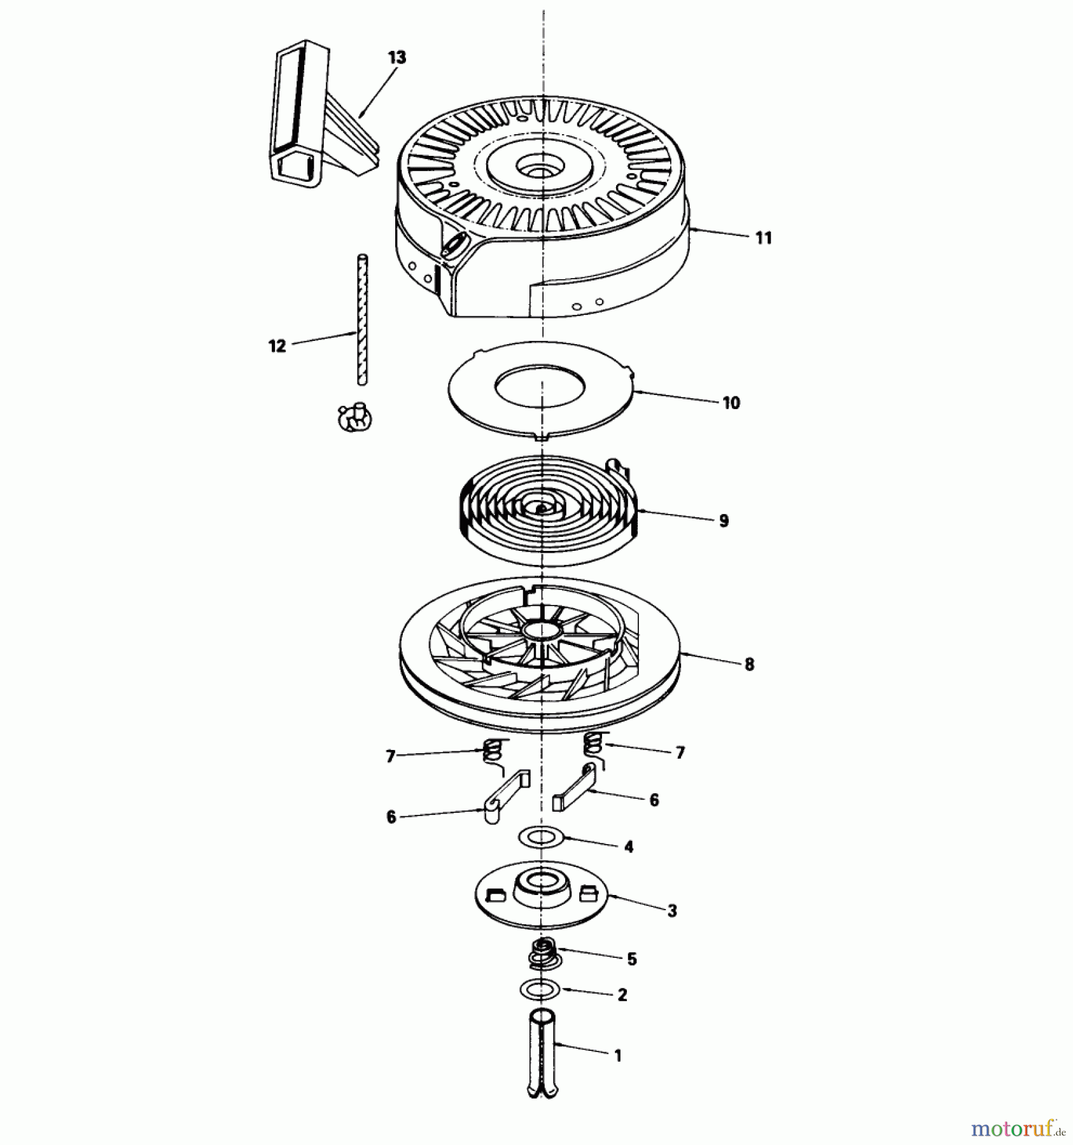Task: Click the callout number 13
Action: point(396,57)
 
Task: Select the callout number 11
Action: point(764,238)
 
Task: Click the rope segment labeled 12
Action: point(362,318)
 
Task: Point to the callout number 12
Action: point(277,346)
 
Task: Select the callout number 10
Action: point(731,403)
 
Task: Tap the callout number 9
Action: point(724,520)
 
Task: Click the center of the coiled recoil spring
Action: point(542,509)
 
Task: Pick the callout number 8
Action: point(749,664)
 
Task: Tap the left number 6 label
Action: point(391,817)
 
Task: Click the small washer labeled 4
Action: point(542,838)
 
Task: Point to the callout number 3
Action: point(672,910)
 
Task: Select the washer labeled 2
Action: point(540,989)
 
